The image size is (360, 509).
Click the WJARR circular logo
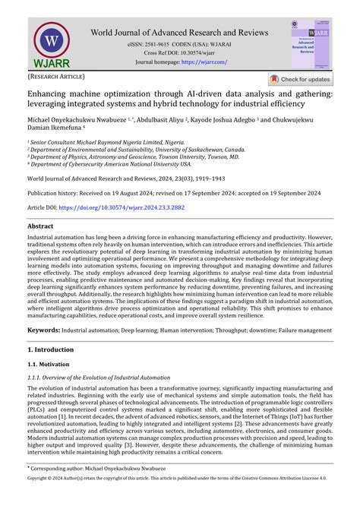pyautogui.click(x=51, y=43)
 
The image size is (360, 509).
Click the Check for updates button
pyautogui.click(x=300, y=79)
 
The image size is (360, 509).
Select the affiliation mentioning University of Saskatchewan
pyautogui.click(x=137, y=150)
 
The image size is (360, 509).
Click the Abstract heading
pyautogui.click(x=40, y=226)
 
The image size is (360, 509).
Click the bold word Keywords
pyautogui.click(x=44, y=330)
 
